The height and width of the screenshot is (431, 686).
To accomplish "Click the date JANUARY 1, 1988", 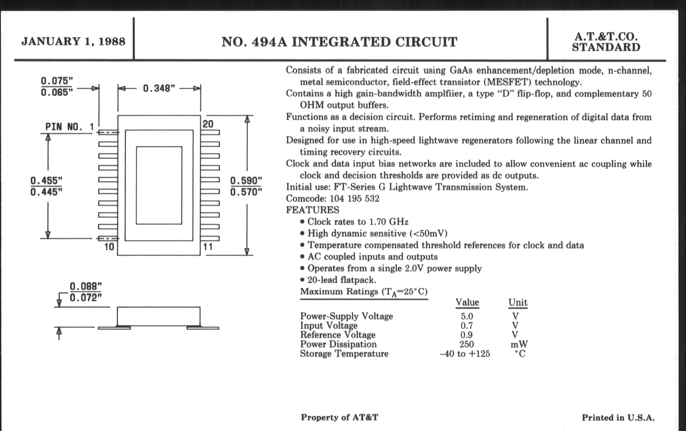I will click(73, 41).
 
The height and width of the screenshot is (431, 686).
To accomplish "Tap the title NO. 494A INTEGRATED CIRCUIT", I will click(339, 42).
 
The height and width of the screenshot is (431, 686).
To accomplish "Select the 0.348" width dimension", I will click(159, 88).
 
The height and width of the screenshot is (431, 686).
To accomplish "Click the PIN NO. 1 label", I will click(69, 127).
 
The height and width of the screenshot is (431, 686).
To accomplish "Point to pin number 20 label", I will click(208, 124).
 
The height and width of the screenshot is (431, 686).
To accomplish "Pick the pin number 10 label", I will click(109, 247).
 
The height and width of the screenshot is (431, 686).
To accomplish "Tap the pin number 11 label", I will click(208, 247).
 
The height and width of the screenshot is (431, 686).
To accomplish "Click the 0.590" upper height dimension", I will click(246, 180).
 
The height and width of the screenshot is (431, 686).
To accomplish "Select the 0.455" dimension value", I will click(46, 180).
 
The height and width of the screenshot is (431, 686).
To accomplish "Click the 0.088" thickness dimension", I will click(86, 286).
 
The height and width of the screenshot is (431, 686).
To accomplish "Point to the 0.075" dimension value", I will click(56, 81).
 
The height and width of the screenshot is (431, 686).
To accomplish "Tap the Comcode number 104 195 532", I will click(354, 199).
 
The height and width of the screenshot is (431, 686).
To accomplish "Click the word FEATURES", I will click(313, 210).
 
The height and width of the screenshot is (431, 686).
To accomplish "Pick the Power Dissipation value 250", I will click(466, 344).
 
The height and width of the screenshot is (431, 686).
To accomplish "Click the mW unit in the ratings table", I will click(519, 344).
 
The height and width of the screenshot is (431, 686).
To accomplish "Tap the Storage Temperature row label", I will click(344, 354).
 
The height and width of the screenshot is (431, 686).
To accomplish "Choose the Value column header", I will click(467, 302).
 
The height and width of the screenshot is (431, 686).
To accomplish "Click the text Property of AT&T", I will click(339, 417).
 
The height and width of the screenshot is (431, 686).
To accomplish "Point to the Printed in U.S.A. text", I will click(618, 418).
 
